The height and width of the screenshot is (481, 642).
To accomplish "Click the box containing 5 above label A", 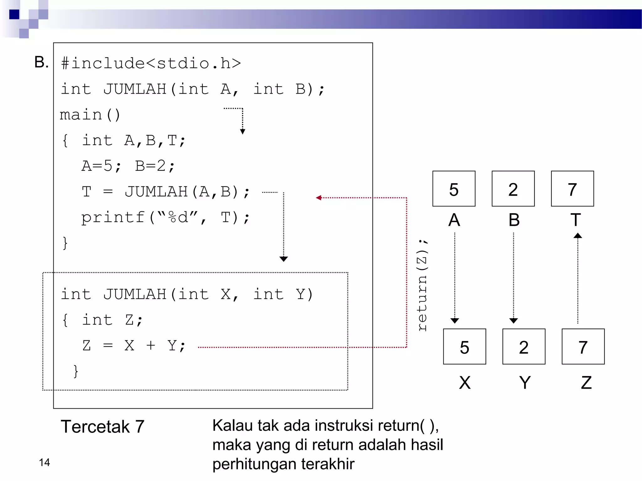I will [454, 189].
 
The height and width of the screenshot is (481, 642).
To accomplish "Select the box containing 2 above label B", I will [513, 189].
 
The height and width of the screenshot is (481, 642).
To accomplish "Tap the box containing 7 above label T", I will [572, 189].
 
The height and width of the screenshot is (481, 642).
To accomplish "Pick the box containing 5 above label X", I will [464, 346].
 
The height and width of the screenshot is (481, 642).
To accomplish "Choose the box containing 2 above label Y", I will [524, 346].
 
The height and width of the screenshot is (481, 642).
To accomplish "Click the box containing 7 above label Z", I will [583, 346].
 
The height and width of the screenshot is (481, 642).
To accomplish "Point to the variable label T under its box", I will [576, 220].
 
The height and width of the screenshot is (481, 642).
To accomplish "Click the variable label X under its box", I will [465, 382].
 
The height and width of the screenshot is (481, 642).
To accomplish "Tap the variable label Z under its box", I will [586, 382].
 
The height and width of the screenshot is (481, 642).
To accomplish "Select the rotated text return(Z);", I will [423, 285].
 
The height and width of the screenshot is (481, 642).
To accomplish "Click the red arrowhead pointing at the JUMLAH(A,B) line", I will [319, 198].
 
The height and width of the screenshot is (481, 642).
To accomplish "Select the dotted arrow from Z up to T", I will [578, 279].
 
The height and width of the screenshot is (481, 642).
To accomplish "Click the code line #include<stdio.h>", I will [151, 63].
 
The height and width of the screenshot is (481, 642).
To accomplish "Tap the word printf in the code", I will [113, 217].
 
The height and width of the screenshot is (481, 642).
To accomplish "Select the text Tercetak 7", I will [103, 427].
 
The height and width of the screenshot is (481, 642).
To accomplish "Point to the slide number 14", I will [44, 462].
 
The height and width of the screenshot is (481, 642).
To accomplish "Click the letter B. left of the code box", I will [41, 62].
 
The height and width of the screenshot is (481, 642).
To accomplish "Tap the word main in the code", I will [81, 115].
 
